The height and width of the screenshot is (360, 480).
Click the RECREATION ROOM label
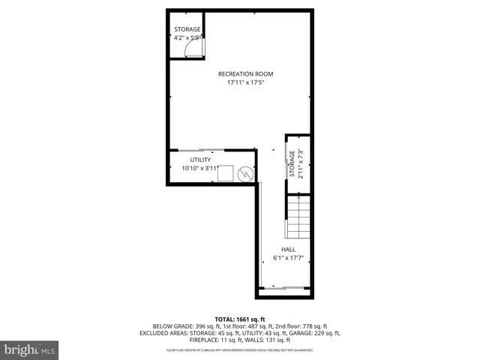[245, 73]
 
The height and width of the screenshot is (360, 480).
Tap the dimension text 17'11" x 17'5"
[245, 82]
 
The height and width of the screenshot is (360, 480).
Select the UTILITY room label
[200, 160]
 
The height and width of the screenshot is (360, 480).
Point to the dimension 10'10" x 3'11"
[200, 169]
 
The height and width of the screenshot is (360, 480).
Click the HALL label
[288, 250]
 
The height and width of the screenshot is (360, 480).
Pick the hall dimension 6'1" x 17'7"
[288, 259]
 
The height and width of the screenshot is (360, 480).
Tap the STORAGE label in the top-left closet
[187, 29]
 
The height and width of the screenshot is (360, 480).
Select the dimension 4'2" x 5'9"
[187, 37]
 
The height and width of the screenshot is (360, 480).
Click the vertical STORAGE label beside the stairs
[292, 166]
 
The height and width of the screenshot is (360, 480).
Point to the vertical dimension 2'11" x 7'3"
[301, 166]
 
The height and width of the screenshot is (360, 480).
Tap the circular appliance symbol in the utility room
[245, 174]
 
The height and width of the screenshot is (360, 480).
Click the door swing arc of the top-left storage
[194, 49]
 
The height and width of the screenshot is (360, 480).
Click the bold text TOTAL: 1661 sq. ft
[240, 319]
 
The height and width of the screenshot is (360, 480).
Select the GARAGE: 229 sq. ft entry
[315, 333]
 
